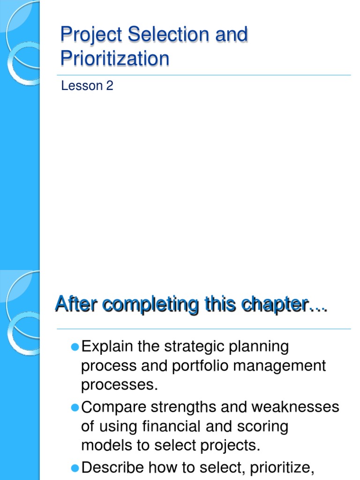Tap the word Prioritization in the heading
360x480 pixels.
(115, 59)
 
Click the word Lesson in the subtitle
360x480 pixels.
(82, 86)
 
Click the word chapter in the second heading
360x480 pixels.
(278, 305)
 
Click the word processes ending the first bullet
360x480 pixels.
(117, 385)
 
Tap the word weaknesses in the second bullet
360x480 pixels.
(295, 407)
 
